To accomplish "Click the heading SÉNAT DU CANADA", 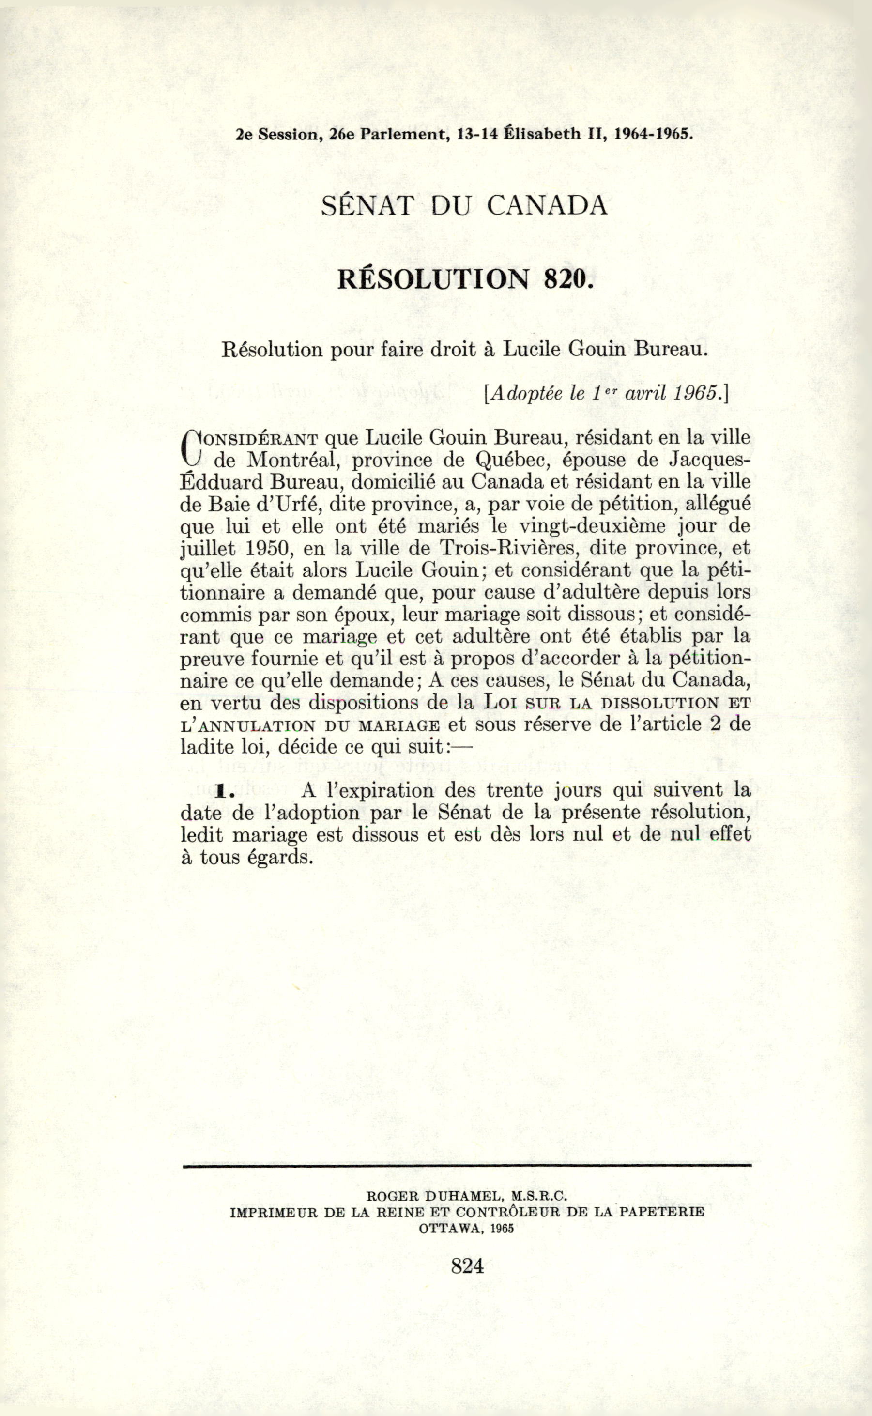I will [x=464, y=206].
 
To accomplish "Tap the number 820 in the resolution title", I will [x=568, y=280].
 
